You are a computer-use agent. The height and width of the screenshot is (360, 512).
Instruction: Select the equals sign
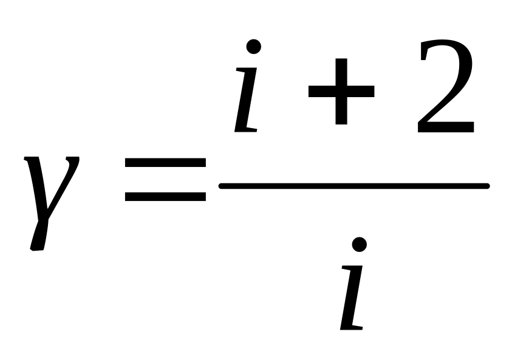pyautogui.click(x=165, y=179)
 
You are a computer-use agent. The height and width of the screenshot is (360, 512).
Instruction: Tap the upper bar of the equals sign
pyautogui.click(x=165, y=162)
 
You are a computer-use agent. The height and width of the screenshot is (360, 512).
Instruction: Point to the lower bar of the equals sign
pyautogui.click(x=165, y=197)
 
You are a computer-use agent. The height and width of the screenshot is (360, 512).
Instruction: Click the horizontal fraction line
pyautogui.click(x=354, y=186)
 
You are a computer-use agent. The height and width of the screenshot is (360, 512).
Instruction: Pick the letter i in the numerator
pyautogui.click(x=247, y=86)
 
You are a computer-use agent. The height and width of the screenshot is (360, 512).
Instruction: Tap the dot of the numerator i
pyautogui.click(x=254, y=46)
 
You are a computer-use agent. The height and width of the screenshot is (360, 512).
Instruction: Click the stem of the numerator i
pyautogui.click(x=246, y=100)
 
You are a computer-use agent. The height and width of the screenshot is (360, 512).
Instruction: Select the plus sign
pyautogui.click(x=341, y=92)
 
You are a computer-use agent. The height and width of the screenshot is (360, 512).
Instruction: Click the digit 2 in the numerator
pyautogui.click(x=446, y=86)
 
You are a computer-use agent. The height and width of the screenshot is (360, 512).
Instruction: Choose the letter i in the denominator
pyautogui.click(x=353, y=284)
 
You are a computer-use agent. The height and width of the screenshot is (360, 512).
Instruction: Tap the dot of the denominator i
pyautogui.click(x=360, y=245)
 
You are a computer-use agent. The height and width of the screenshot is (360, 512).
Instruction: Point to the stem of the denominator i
pyautogui.click(x=352, y=297)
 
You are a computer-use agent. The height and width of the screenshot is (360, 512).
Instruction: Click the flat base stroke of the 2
pyautogui.click(x=446, y=127)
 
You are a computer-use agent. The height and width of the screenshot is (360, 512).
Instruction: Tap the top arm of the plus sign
pyautogui.click(x=341, y=72)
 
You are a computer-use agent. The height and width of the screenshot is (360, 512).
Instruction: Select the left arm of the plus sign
pyautogui.click(x=322, y=92)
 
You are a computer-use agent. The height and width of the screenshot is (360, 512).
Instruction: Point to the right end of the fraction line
pyautogui.click(x=488, y=186)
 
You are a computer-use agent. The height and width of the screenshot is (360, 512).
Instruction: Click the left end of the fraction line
pyautogui.click(x=220, y=186)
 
